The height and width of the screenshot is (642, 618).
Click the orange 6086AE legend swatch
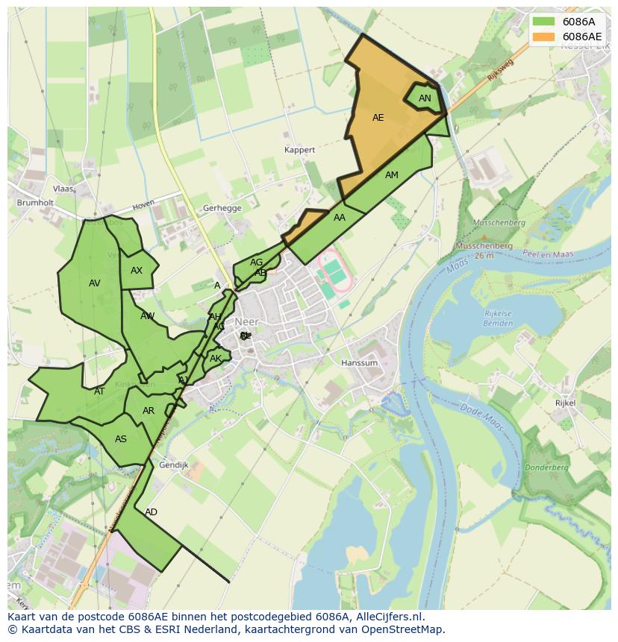tap(544, 37)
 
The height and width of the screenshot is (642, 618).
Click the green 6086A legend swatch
tap(544, 22)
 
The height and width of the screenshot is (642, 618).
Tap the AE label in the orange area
tap(378, 118)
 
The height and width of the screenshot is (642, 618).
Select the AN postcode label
tap(425, 98)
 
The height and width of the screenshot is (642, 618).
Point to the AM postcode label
tap(392, 175)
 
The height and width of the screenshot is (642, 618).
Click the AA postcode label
tap(340, 218)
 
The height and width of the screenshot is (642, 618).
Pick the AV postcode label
tap(95, 283)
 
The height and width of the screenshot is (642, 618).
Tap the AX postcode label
tap(137, 271)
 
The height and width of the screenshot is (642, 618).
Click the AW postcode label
tap(148, 316)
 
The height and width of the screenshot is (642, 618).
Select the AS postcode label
tap(121, 439)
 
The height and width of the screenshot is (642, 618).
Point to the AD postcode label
tap(152, 512)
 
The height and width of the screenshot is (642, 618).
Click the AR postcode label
tap(149, 411)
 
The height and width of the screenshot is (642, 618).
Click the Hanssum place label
tap(359, 363)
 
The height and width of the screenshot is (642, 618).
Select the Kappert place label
tap(300, 150)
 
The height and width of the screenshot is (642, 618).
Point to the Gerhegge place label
tap(222, 209)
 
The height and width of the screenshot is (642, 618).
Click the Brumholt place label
tap(35, 202)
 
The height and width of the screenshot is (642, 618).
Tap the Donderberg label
tap(548, 468)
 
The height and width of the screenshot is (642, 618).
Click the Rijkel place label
tap(565, 403)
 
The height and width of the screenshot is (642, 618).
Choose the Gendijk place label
tap(174, 465)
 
